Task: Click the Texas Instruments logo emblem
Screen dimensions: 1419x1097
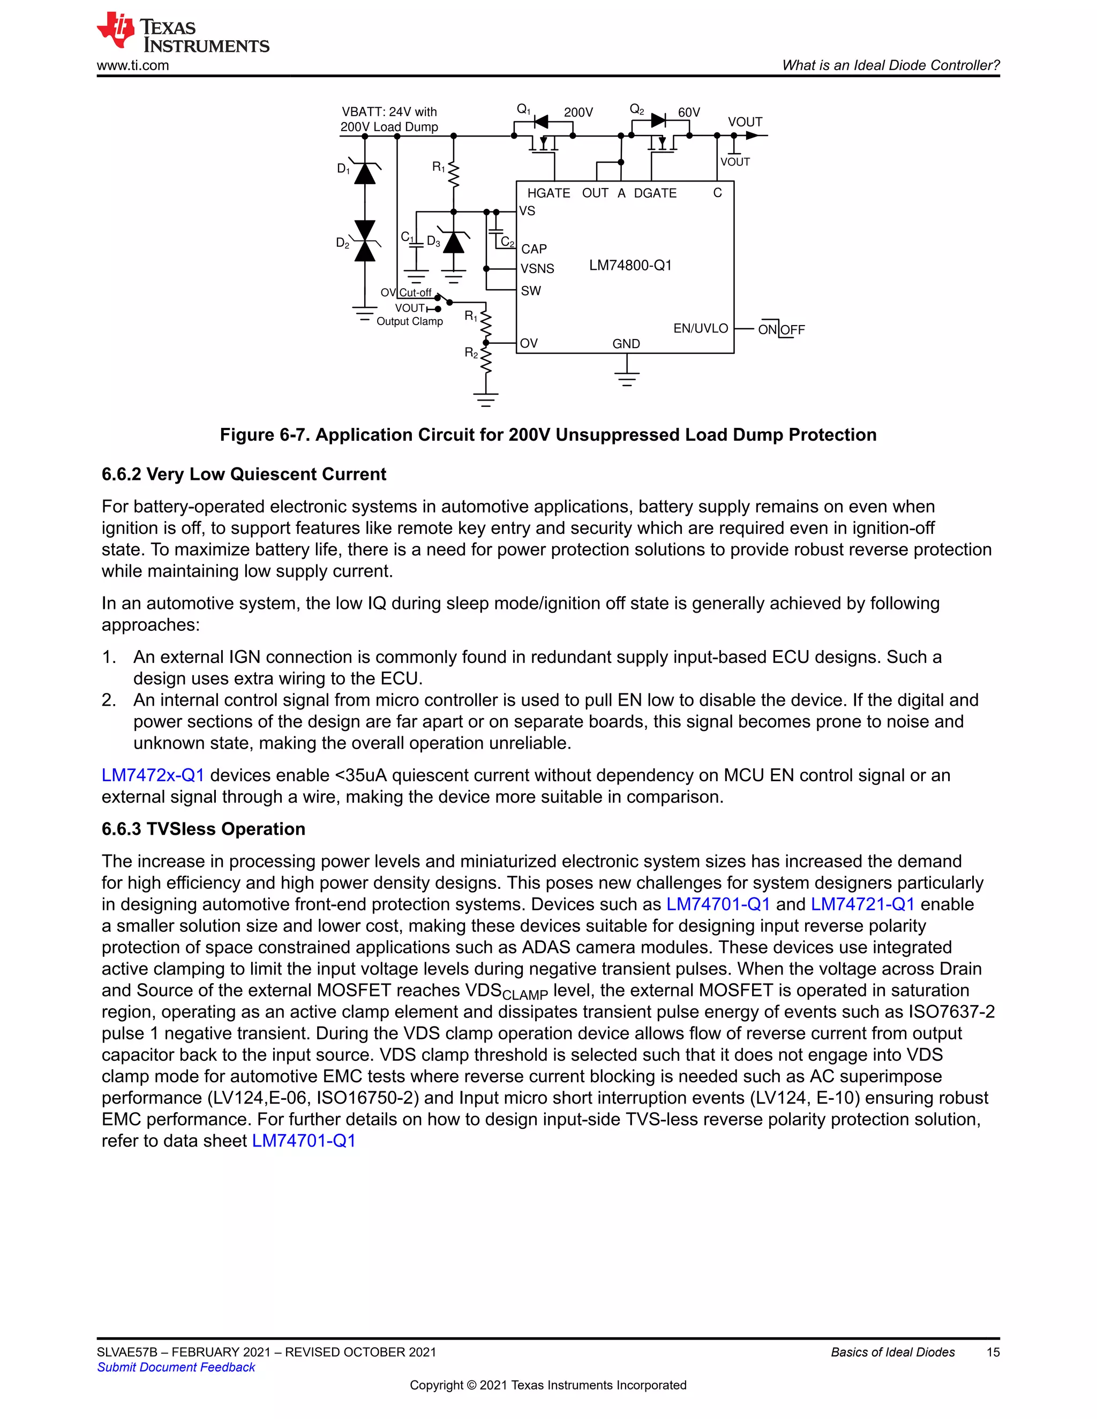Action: click(116, 30)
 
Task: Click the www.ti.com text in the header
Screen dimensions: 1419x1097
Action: click(133, 66)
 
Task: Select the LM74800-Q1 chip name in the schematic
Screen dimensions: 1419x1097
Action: click(630, 265)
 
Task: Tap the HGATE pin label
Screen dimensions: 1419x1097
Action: click(548, 193)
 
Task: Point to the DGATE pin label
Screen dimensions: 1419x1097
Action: click(655, 193)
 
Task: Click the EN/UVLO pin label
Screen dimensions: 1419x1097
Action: click(700, 328)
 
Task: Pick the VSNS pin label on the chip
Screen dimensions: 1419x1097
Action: click(537, 268)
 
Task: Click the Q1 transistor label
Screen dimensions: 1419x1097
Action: click(523, 110)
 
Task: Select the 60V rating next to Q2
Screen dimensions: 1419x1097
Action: click(688, 112)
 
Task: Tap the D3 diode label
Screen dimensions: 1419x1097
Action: click(433, 241)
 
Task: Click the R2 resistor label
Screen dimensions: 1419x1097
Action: click(470, 353)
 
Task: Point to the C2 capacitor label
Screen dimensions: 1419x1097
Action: click(507, 243)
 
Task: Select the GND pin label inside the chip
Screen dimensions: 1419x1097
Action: click(626, 344)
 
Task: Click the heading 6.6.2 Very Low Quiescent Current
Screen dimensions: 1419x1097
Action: click(244, 474)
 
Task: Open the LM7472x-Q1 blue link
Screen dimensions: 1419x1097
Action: click(153, 775)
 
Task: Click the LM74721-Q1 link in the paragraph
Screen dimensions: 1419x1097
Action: click(862, 904)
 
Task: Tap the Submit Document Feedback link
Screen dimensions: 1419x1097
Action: click(176, 1367)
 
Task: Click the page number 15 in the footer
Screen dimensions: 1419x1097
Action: click(993, 1352)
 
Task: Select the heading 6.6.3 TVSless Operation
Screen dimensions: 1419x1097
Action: click(204, 829)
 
